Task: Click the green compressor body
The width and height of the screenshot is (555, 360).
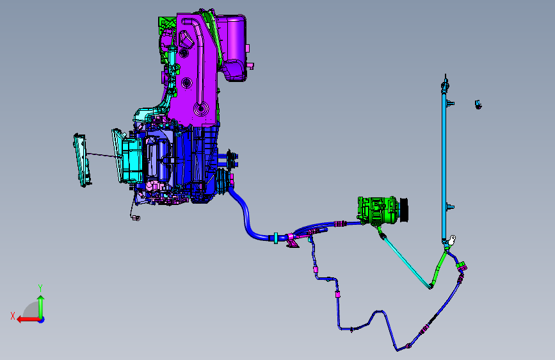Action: pos(377,211)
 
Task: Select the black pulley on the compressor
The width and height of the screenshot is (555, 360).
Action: pos(404,210)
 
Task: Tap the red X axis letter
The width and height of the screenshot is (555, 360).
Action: pos(13,316)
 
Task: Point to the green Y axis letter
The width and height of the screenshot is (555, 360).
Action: pos(40,288)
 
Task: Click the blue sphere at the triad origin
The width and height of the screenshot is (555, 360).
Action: pos(42,320)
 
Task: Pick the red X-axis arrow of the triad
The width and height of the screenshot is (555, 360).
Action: pos(28,320)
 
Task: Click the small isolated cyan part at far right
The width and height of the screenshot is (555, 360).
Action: pos(478,104)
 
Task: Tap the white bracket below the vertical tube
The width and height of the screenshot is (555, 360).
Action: pos(452,240)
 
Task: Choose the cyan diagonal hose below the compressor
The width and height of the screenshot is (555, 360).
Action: pos(407,262)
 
